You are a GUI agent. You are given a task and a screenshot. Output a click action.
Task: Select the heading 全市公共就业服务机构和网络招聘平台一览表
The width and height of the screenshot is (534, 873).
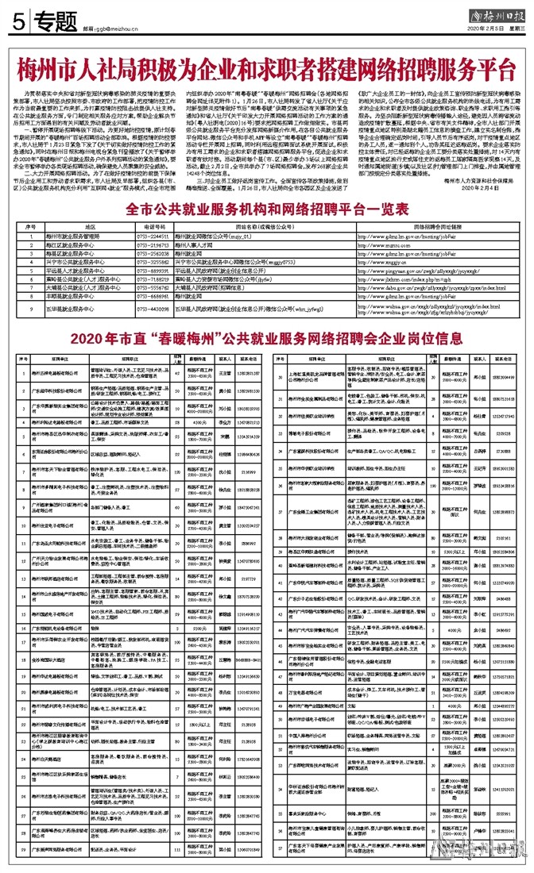[267, 209]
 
